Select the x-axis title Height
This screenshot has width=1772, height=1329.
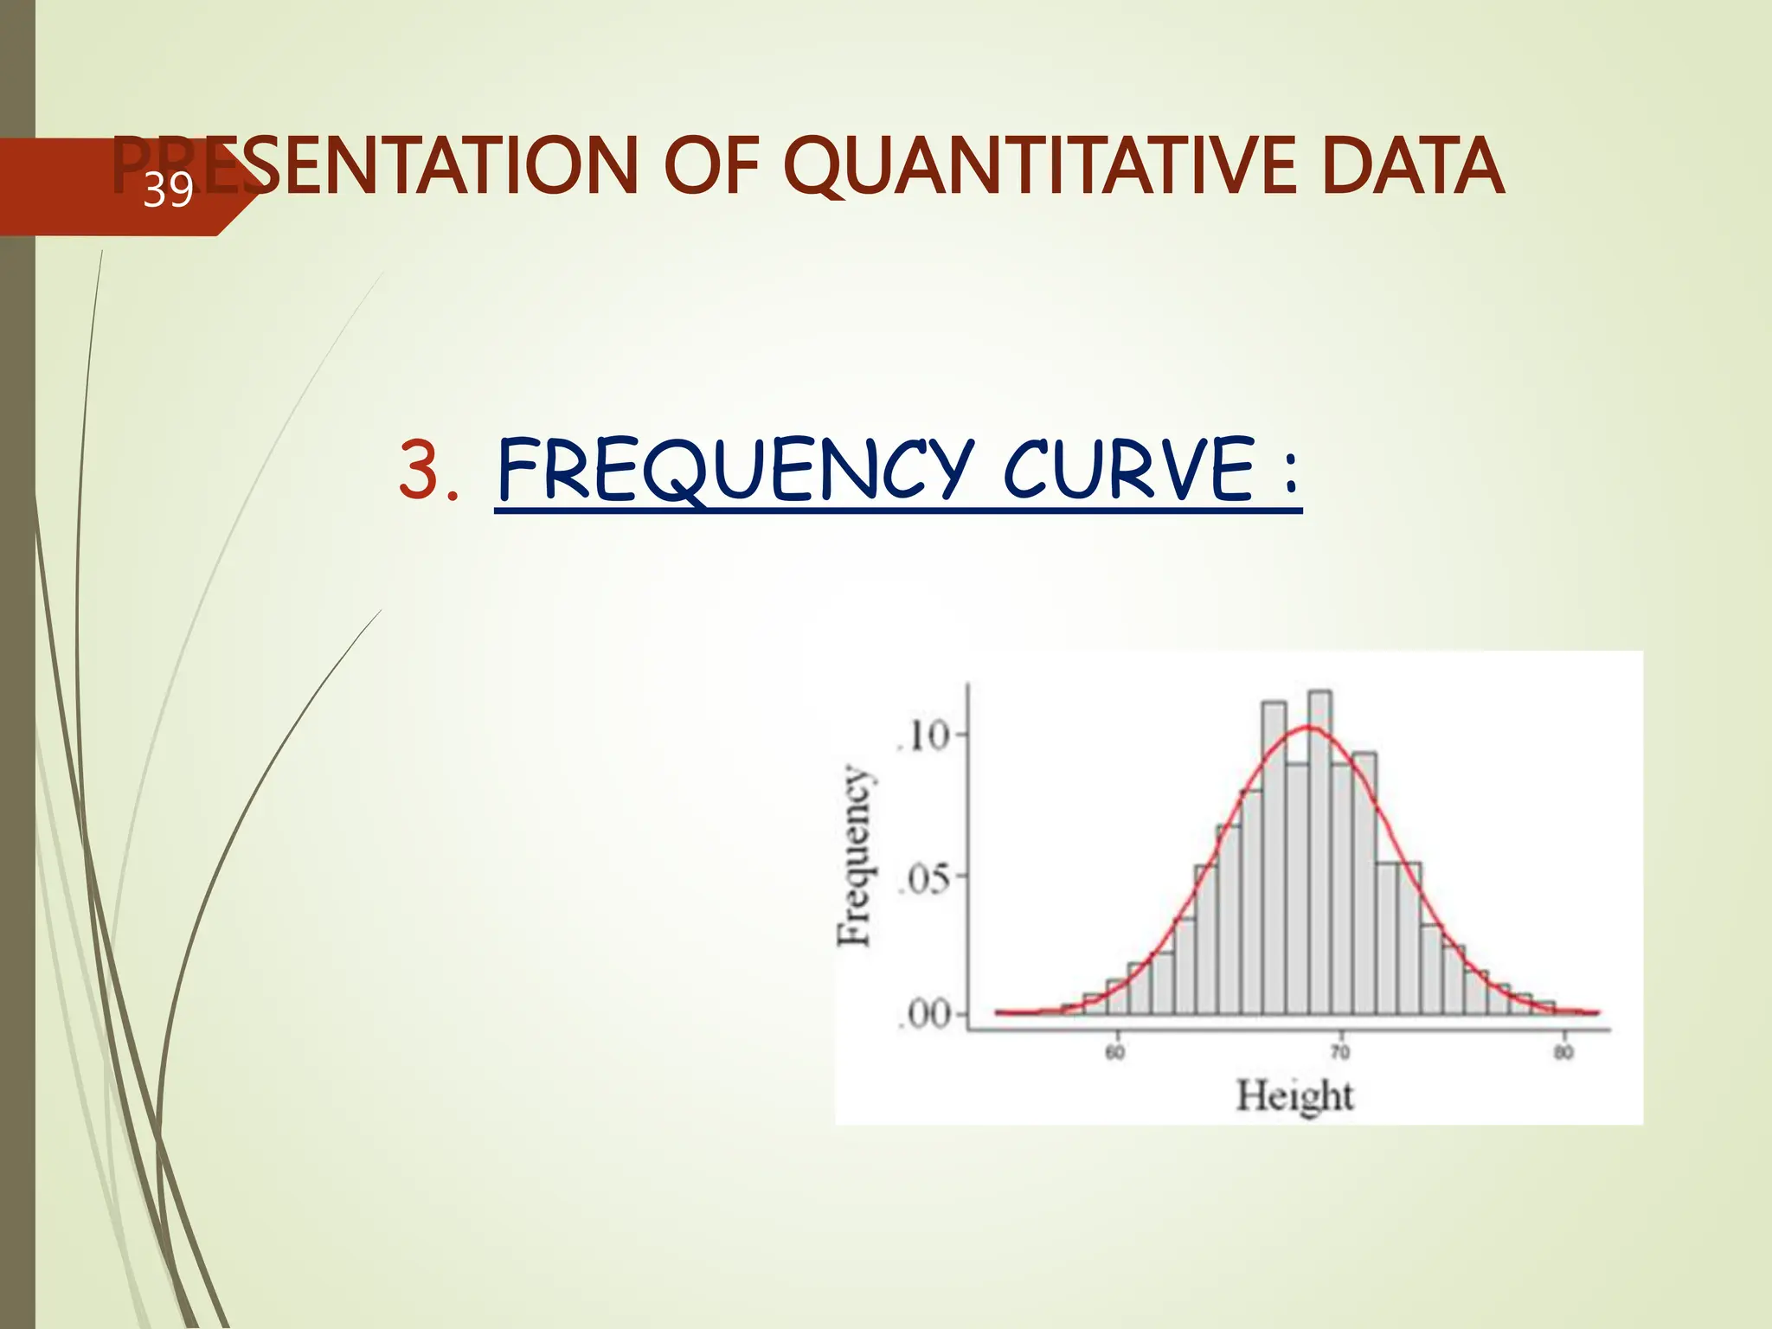pos(1294,1096)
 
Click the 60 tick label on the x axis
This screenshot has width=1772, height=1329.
pos(1115,1053)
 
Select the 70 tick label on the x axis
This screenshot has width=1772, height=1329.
pos(1339,1053)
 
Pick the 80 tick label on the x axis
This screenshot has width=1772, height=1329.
pos(1563,1053)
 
